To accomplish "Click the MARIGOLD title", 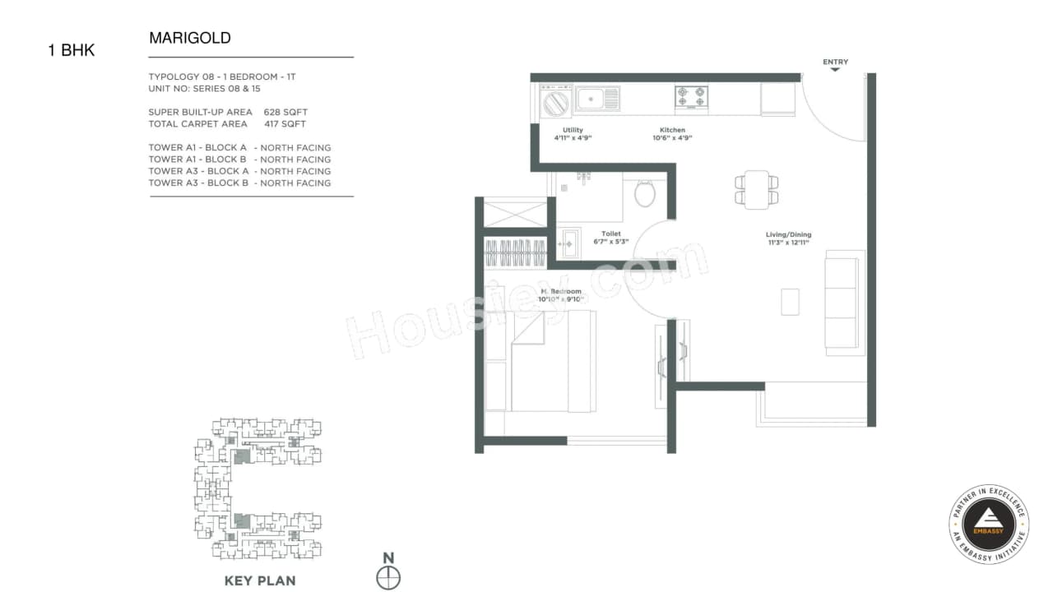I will pos(190,38).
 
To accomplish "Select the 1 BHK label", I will pos(72,50).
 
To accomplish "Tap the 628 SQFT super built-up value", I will pos(285,112).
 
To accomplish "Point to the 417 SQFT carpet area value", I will pos(285,124).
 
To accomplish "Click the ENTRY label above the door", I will pos(835,62).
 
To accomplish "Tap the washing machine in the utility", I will pos(555,103).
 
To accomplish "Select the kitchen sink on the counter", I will pos(597,99).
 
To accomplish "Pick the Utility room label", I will pos(573,131).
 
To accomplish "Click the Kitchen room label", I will pos(672,131).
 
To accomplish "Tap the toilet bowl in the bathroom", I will pos(645,194).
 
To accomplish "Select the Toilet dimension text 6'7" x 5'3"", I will pos(610,242).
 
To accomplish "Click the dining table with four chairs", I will pos(756,188).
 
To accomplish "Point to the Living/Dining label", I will pos(788,234).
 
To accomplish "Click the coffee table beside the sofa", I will pos(790,302).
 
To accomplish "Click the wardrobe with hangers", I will pos(515,252).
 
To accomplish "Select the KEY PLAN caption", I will pos(260,580).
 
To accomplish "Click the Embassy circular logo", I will pos(988,524).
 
